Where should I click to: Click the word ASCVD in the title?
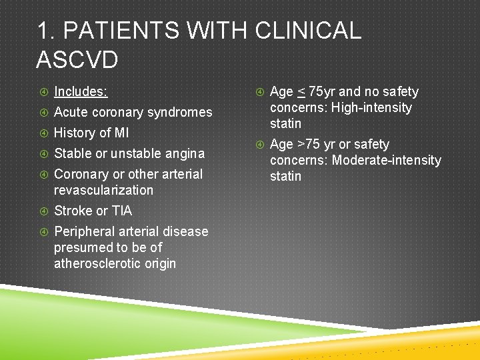77,60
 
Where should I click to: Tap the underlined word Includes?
81,91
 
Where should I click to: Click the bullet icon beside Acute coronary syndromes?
43,112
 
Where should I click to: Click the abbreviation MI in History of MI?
121,133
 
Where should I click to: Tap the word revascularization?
103,190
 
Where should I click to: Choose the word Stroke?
73,211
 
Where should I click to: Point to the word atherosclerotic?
97,263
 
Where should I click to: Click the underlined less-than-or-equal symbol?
301,92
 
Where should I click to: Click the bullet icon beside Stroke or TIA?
43,211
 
